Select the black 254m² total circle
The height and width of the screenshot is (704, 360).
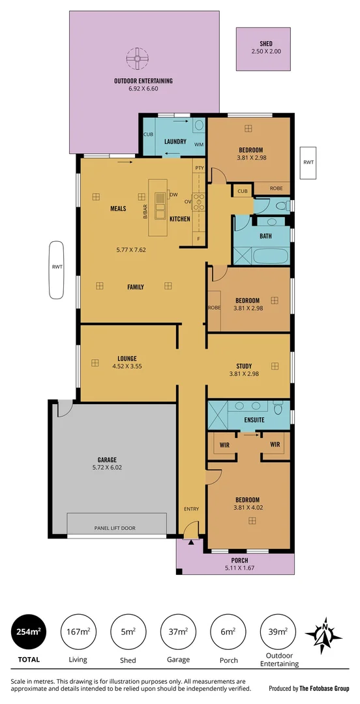(26, 632)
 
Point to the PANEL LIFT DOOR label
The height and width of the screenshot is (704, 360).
(115, 528)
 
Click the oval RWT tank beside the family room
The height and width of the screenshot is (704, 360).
(56, 270)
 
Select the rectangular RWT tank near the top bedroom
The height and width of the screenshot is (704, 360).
(308, 163)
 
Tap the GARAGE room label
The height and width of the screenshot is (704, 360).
(113, 460)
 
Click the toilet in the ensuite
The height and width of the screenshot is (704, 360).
(278, 409)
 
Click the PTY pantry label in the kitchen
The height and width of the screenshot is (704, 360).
(198, 168)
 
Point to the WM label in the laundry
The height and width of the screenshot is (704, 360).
(198, 144)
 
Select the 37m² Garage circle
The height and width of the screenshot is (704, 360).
(178, 632)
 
